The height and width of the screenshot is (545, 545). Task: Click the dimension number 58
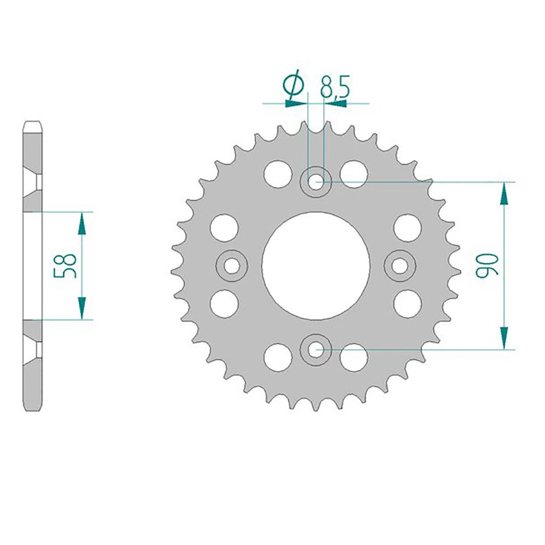(65, 266)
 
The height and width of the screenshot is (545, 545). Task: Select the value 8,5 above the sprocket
(334, 87)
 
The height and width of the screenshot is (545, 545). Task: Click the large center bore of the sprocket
(316, 265)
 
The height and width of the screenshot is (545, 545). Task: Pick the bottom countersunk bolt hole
(316, 349)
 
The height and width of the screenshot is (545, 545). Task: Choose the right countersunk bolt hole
(399, 265)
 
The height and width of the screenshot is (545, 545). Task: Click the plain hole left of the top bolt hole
(278, 174)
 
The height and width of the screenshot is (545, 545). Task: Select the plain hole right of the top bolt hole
(354, 174)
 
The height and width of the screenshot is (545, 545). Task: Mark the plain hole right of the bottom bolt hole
(354, 357)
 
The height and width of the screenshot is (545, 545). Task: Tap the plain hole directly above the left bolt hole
(224, 227)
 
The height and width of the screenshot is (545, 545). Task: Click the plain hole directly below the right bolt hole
(408, 303)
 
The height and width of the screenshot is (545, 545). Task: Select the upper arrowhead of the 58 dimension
(81, 224)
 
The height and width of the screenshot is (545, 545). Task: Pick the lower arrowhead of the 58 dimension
(81, 308)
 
